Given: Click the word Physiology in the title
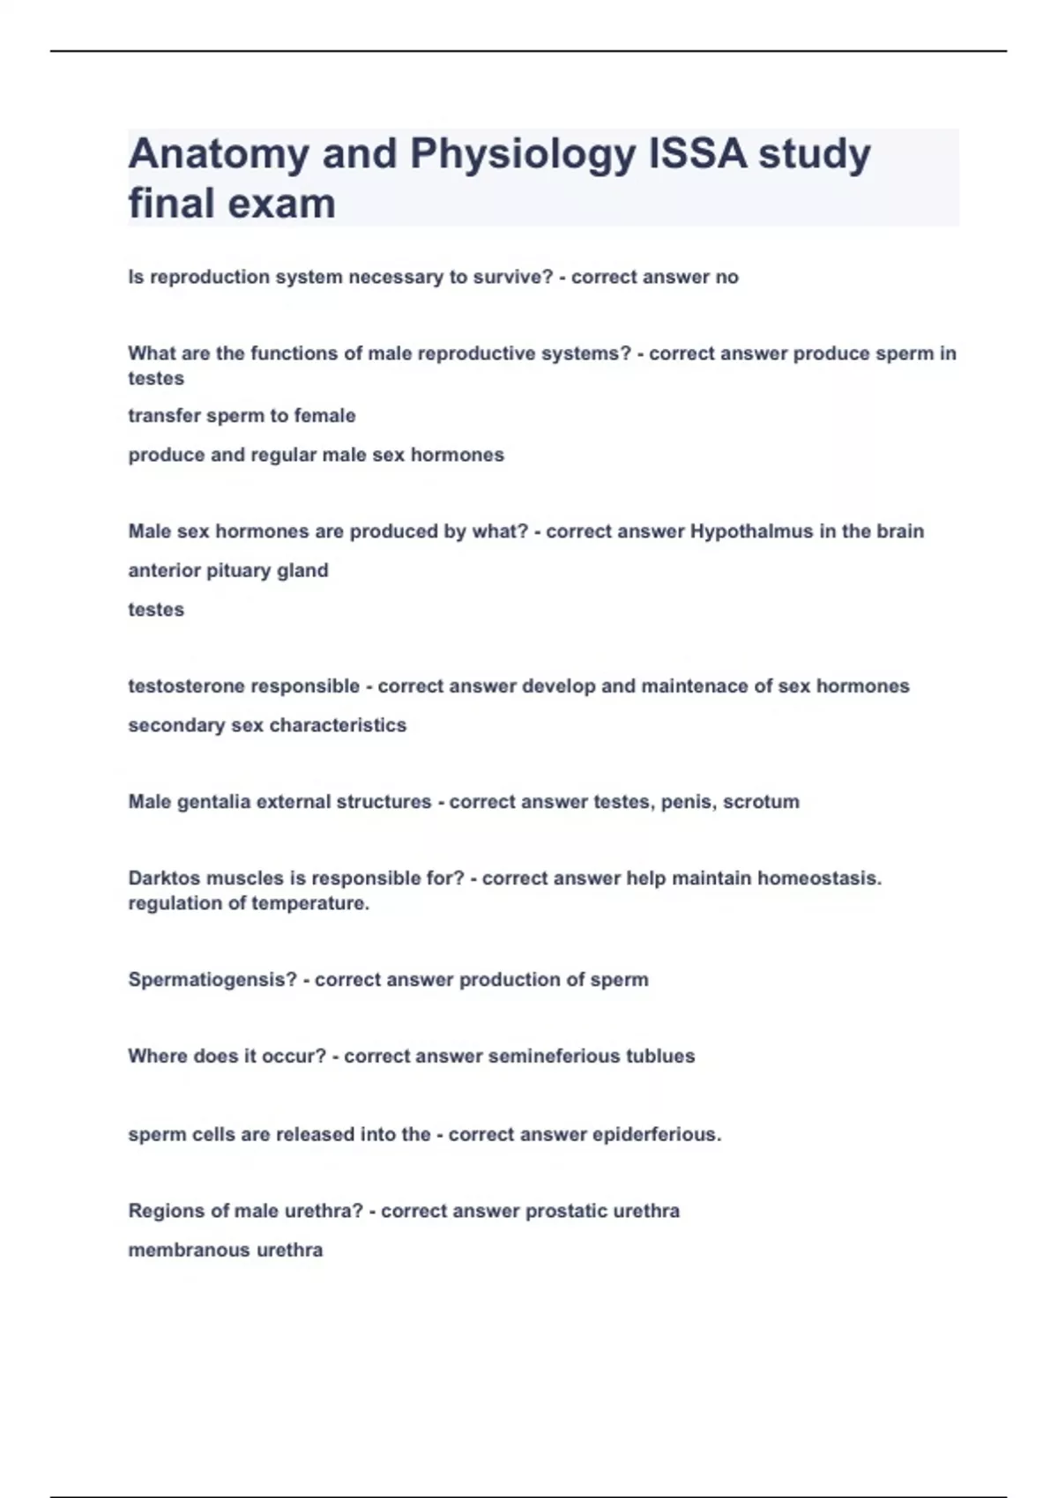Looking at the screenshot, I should (x=522, y=155).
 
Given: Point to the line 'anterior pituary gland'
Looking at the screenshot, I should (x=228, y=570).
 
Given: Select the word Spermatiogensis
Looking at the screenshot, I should (x=212, y=979).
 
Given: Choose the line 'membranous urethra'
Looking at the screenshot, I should (x=226, y=1250).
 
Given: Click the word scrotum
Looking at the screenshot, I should (x=761, y=802).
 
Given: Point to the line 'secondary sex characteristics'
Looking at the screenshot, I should (x=267, y=725).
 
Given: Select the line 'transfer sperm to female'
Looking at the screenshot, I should (x=242, y=415).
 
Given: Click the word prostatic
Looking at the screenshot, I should (x=565, y=1211).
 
